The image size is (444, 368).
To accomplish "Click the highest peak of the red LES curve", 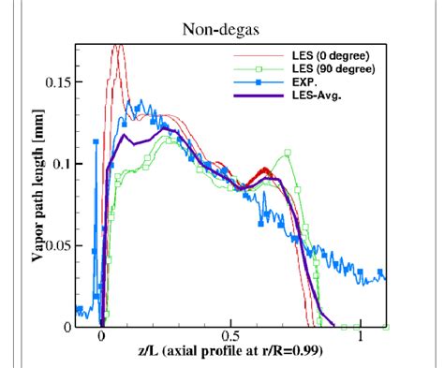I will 117,46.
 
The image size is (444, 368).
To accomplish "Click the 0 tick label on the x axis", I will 101,336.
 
